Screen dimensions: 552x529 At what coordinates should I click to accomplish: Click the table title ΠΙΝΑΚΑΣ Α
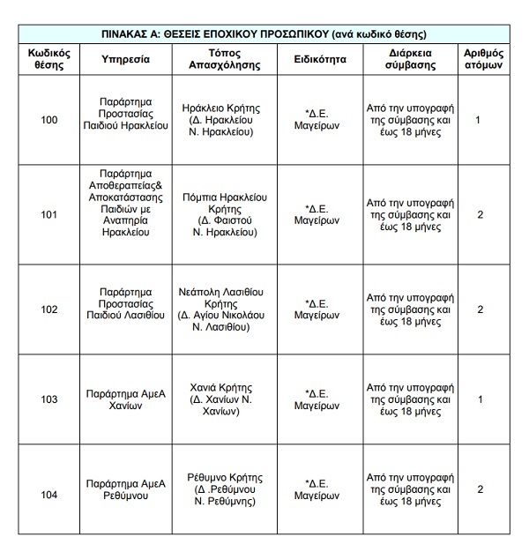(264, 35)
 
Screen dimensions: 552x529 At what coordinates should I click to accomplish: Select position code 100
(49, 120)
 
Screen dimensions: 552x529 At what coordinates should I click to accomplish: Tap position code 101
(49, 214)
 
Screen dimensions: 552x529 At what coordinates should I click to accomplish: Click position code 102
(49, 310)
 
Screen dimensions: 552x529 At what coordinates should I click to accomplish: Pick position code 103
(49, 399)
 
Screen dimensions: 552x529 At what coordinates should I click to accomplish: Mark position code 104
(49, 494)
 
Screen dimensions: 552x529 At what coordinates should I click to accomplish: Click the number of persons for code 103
(479, 399)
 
